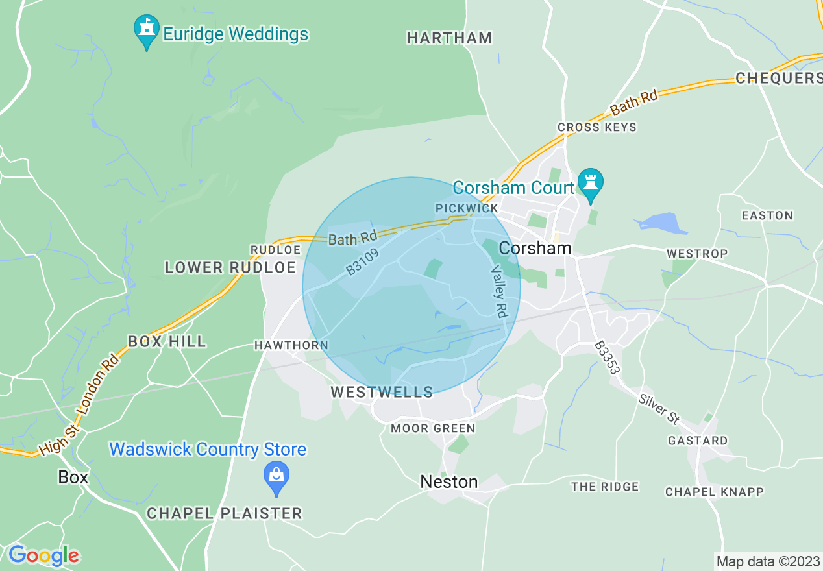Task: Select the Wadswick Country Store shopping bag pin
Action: click(x=276, y=478)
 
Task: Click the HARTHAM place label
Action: click(x=449, y=38)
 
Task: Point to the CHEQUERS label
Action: click(x=778, y=79)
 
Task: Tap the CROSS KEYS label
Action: click(x=597, y=127)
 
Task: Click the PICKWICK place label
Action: click(x=467, y=208)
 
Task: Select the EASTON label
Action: click(x=767, y=215)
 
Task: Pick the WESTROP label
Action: click(x=697, y=253)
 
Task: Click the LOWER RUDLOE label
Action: click(x=230, y=267)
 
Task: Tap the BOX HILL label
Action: click(x=167, y=341)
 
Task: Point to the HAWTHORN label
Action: click(x=291, y=345)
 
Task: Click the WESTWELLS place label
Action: click(x=382, y=392)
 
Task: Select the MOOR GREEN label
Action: click(x=433, y=428)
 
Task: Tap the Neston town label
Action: click(x=449, y=481)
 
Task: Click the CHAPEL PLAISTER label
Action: click(x=225, y=513)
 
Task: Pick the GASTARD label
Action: click(x=698, y=441)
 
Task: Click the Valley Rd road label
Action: click(x=499, y=291)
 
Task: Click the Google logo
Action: click(x=43, y=555)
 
